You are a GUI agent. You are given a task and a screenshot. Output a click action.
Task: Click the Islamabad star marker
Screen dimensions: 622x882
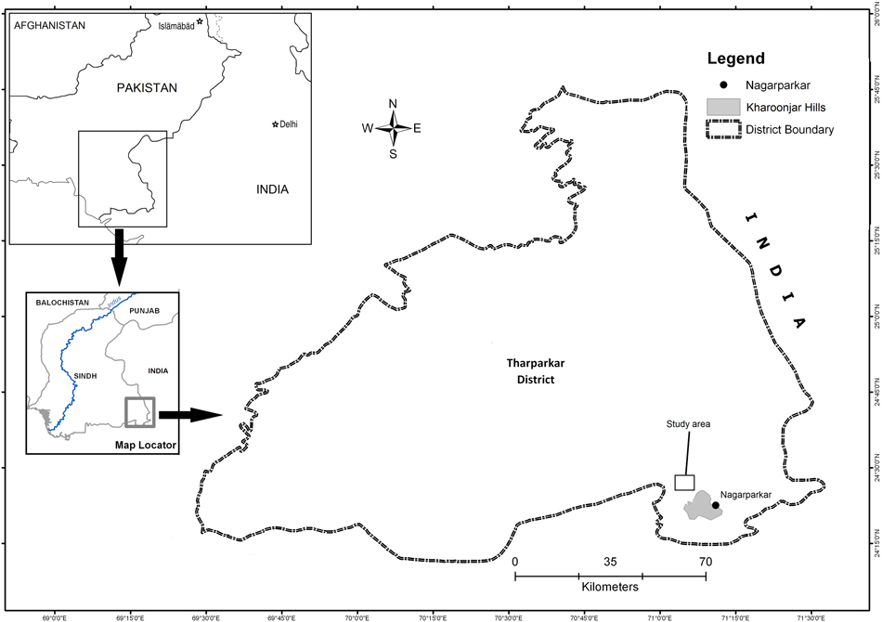coord(199,20)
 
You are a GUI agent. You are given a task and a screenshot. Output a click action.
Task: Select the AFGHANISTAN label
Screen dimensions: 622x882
coord(48,26)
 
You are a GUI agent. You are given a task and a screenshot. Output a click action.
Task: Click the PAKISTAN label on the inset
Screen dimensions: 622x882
coord(146,87)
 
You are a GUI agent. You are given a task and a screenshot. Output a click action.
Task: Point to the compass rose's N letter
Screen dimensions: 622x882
coord(393,104)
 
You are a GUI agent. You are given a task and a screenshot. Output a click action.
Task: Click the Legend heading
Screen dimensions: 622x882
coord(735,58)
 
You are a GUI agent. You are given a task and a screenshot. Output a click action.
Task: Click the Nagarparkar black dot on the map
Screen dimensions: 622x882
coord(715,506)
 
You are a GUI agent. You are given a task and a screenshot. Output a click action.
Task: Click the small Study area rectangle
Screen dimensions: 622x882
coord(684,482)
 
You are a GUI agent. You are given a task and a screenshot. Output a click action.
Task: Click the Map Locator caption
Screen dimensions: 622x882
coord(146,445)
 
